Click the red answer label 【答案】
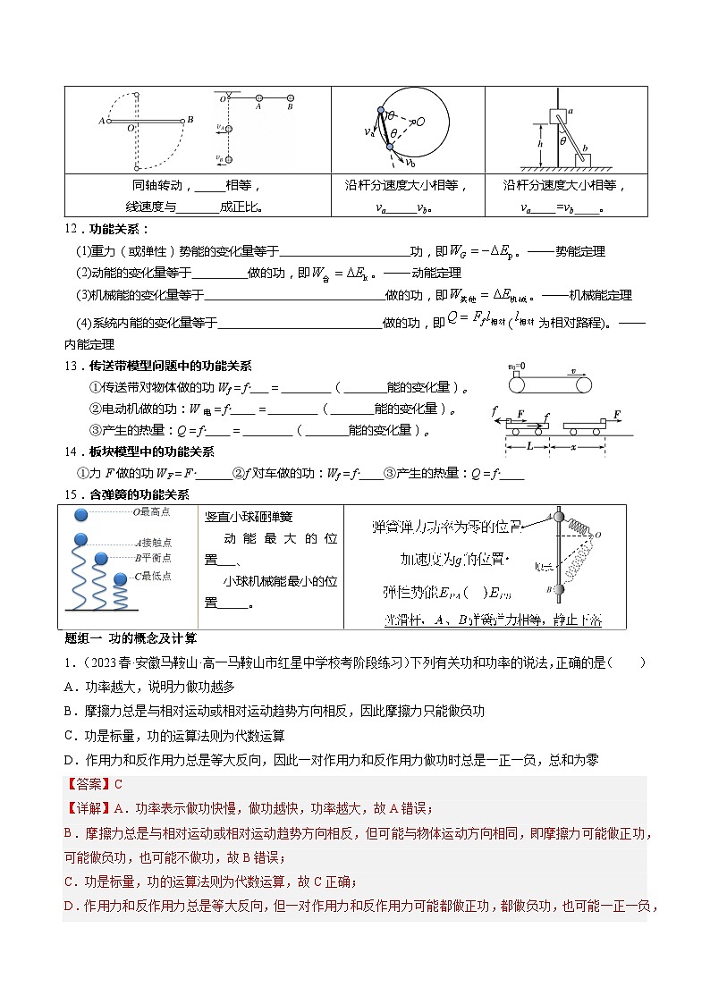coord(89,784)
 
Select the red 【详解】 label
coord(89,808)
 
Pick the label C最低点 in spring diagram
coord(152,577)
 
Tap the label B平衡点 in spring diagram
coord(153,556)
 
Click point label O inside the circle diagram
coord(420,122)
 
